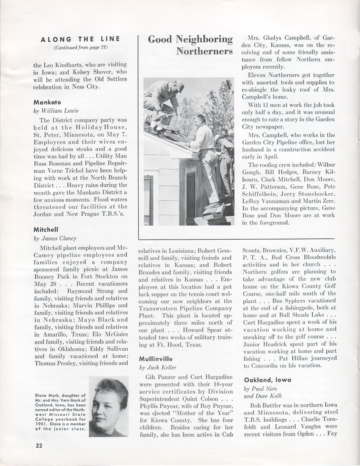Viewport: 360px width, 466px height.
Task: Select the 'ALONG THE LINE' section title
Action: [x=80, y=39]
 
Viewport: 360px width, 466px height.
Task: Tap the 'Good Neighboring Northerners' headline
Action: [x=190, y=45]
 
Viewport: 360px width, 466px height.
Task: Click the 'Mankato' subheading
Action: [x=47, y=102]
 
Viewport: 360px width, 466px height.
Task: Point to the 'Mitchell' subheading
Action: [x=46, y=230]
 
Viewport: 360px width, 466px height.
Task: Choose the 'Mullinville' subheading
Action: [x=156, y=359]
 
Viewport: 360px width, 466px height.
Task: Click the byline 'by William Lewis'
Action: [x=56, y=111]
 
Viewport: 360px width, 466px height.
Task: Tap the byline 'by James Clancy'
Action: [x=55, y=238]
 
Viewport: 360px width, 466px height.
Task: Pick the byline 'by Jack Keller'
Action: [x=158, y=367]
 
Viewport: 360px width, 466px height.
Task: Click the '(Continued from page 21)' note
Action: [x=81, y=47]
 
